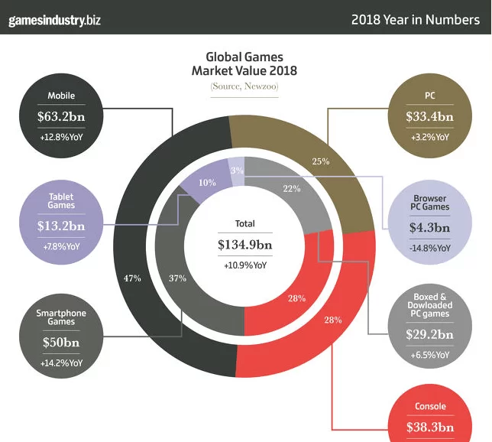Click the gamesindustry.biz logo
click(x=54, y=19)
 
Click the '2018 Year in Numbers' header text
click(x=415, y=19)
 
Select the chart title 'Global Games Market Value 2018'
click(x=244, y=64)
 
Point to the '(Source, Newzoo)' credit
click(x=244, y=87)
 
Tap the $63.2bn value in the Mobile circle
click(x=61, y=117)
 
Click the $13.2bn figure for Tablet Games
click(x=61, y=226)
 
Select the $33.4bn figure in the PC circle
click(x=429, y=117)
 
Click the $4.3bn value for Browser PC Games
click(x=429, y=226)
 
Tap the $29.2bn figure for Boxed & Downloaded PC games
click(x=429, y=334)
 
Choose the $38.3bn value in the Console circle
click(x=429, y=427)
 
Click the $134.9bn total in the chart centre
click(x=244, y=245)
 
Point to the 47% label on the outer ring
click(x=132, y=278)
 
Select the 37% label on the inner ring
click(x=176, y=278)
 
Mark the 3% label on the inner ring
click(x=237, y=171)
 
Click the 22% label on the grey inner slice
click(x=291, y=189)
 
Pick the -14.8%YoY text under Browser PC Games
click(x=429, y=248)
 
